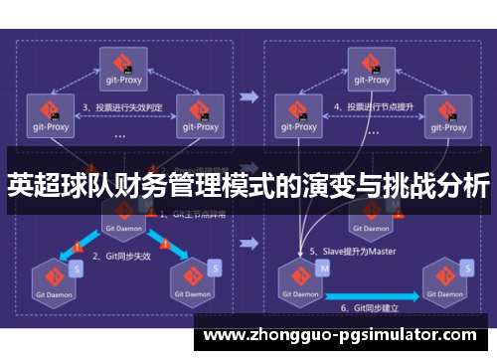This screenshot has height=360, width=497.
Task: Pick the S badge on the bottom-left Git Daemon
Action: (x=77, y=270)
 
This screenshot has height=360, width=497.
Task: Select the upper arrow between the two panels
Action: (x=249, y=97)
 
